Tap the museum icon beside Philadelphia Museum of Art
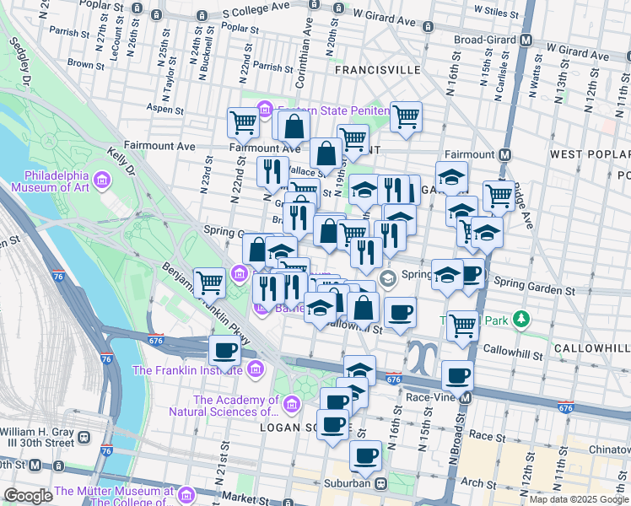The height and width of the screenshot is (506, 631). tap(102, 180)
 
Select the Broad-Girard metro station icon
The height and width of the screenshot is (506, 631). tap(526, 40)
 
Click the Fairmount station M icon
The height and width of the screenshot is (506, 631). tap(504, 154)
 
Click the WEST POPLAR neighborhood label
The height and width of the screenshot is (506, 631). tap(590, 154)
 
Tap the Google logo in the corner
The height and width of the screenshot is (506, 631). tap(29, 496)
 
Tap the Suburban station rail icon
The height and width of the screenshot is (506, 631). tap(381, 484)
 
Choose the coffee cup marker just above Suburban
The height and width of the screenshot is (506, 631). tap(365, 455)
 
